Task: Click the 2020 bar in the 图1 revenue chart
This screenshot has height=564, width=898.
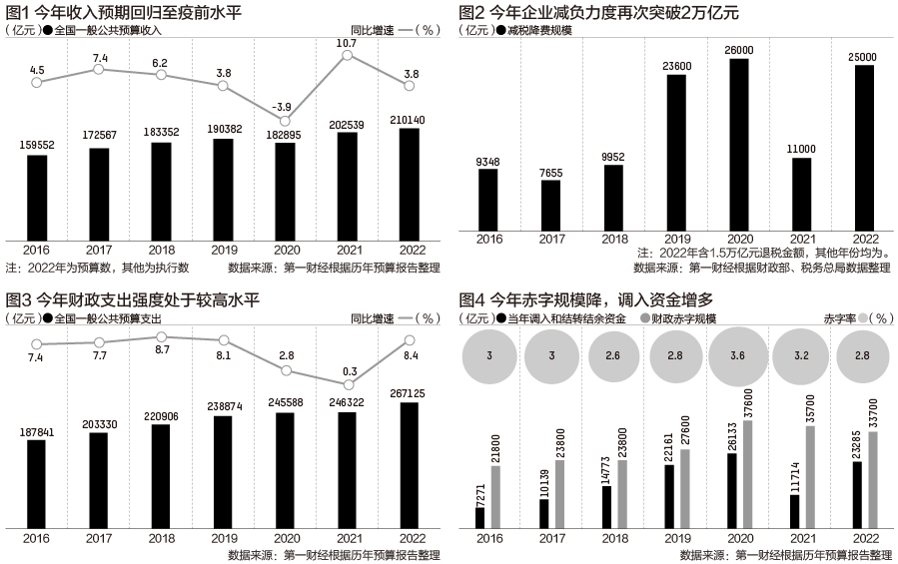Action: point(286,192)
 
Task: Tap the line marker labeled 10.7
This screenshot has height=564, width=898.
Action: point(347,55)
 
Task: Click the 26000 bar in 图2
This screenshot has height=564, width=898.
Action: point(739,145)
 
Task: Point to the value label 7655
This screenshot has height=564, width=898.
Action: point(551,173)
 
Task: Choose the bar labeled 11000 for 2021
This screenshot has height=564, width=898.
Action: point(802,194)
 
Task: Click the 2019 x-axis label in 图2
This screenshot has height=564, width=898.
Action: point(677,239)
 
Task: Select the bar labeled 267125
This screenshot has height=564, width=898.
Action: point(410,465)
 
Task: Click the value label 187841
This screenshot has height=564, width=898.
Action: point(37,432)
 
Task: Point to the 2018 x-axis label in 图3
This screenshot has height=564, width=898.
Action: point(162,538)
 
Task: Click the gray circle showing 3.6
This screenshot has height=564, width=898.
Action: point(737,355)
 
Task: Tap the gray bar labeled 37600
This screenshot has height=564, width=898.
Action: point(748,474)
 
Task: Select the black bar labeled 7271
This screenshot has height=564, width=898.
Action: point(479,518)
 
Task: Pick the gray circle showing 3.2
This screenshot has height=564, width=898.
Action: point(801,355)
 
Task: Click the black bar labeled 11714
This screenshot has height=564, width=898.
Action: point(795,511)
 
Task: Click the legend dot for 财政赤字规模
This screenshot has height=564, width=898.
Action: point(645,318)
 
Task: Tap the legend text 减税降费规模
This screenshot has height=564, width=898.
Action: point(539,30)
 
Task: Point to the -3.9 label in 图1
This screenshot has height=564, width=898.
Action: point(282,107)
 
